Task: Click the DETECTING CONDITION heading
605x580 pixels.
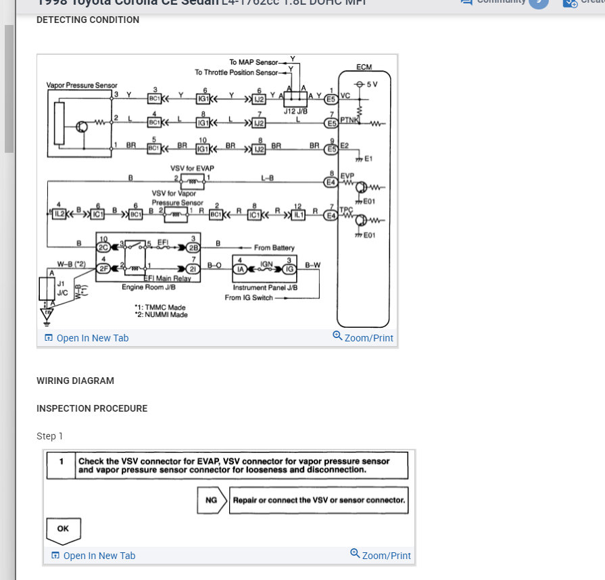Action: pyautogui.click(x=88, y=20)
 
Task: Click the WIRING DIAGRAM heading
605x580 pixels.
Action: pyautogui.click(x=75, y=381)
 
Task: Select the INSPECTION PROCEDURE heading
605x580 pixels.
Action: pyautogui.click(x=92, y=408)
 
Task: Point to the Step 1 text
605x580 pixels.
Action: pyautogui.click(x=49, y=436)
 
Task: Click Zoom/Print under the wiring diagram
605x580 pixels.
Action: pyautogui.click(x=363, y=337)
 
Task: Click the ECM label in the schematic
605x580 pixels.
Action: pyautogui.click(x=364, y=68)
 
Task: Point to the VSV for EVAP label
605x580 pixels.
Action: pyautogui.click(x=193, y=168)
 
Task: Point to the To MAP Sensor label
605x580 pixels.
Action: pyautogui.click(x=253, y=62)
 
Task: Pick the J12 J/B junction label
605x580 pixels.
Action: pyautogui.click(x=295, y=111)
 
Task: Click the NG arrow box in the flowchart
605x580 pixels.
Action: pyautogui.click(x=211, y=501)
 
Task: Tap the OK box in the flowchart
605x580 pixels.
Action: pyautogui.click(x=63, y=529)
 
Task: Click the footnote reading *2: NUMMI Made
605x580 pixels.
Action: pyautogui.click(x=161, y=315)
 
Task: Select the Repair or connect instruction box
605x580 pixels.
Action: pyautogui.click(x=318, y=501)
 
